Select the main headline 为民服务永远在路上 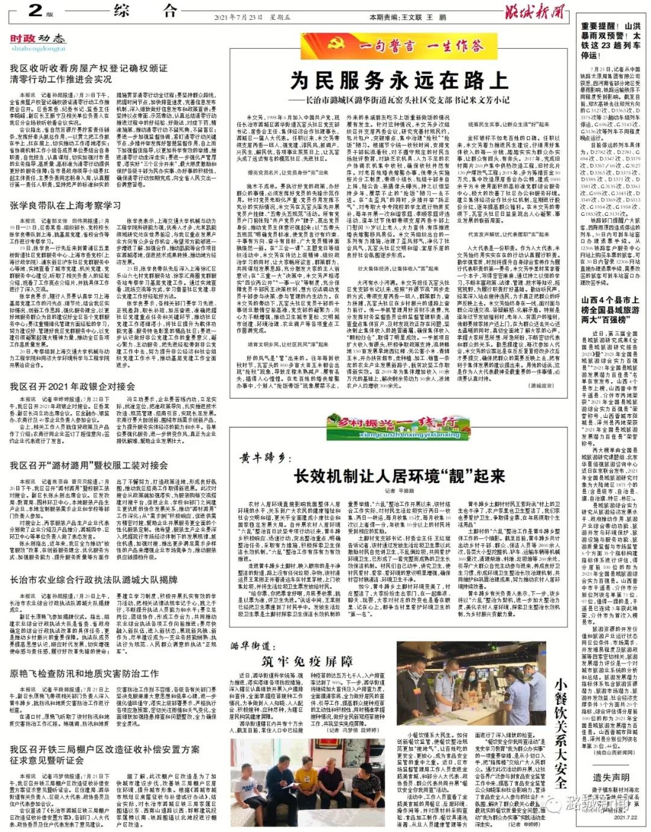[398, 80]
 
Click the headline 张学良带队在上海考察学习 [65, 206]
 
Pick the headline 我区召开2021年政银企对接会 [72, 386]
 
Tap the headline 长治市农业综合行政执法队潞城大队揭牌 [93, 580]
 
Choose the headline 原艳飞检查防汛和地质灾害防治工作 [84, 673]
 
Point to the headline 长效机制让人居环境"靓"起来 [399, 476]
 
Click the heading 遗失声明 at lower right [611, 778]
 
